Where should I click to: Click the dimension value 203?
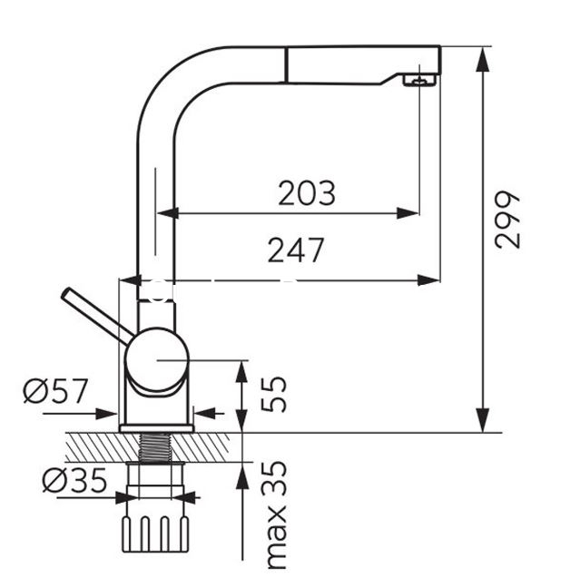click(307, 193)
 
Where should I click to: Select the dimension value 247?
click(296, 249)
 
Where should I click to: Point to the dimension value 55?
click(274, 394)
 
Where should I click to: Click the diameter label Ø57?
click(56, 393)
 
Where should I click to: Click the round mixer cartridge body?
click(156, 360)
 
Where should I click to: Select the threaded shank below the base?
click(157, 446)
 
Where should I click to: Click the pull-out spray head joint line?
click(288, 64)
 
